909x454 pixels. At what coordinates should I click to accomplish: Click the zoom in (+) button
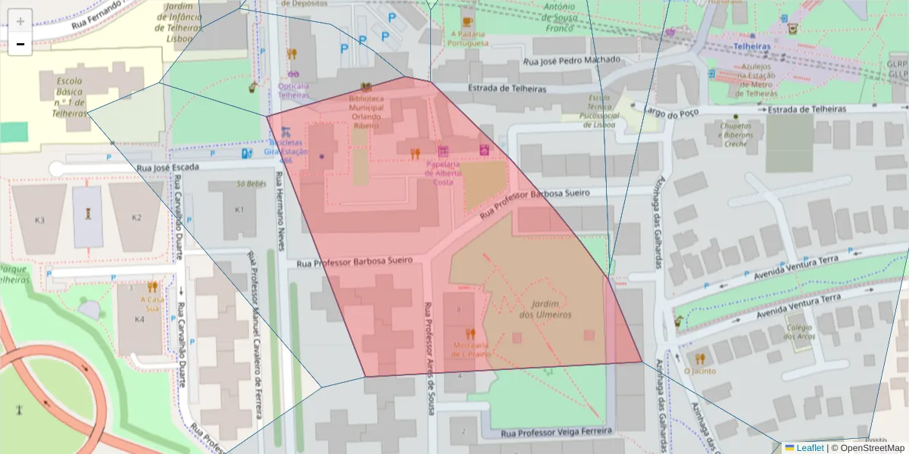click(20, 21)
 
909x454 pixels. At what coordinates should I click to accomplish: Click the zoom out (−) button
click(20, 45)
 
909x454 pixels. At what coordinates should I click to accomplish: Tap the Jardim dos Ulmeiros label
click(545, 309)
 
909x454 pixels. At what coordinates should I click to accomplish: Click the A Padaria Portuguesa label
click(468, 39)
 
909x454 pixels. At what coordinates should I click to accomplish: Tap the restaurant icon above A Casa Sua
click(152, 287)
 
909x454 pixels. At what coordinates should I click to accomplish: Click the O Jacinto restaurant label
click(699, 372)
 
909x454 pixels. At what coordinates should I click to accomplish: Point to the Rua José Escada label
click(168, 166)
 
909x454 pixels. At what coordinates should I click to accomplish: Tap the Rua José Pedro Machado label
click(572, 60)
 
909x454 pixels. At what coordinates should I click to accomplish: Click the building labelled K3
click(40, 219)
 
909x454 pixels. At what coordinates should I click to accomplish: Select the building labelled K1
click(240, 210)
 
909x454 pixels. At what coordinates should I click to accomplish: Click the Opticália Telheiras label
click(293, 91)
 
